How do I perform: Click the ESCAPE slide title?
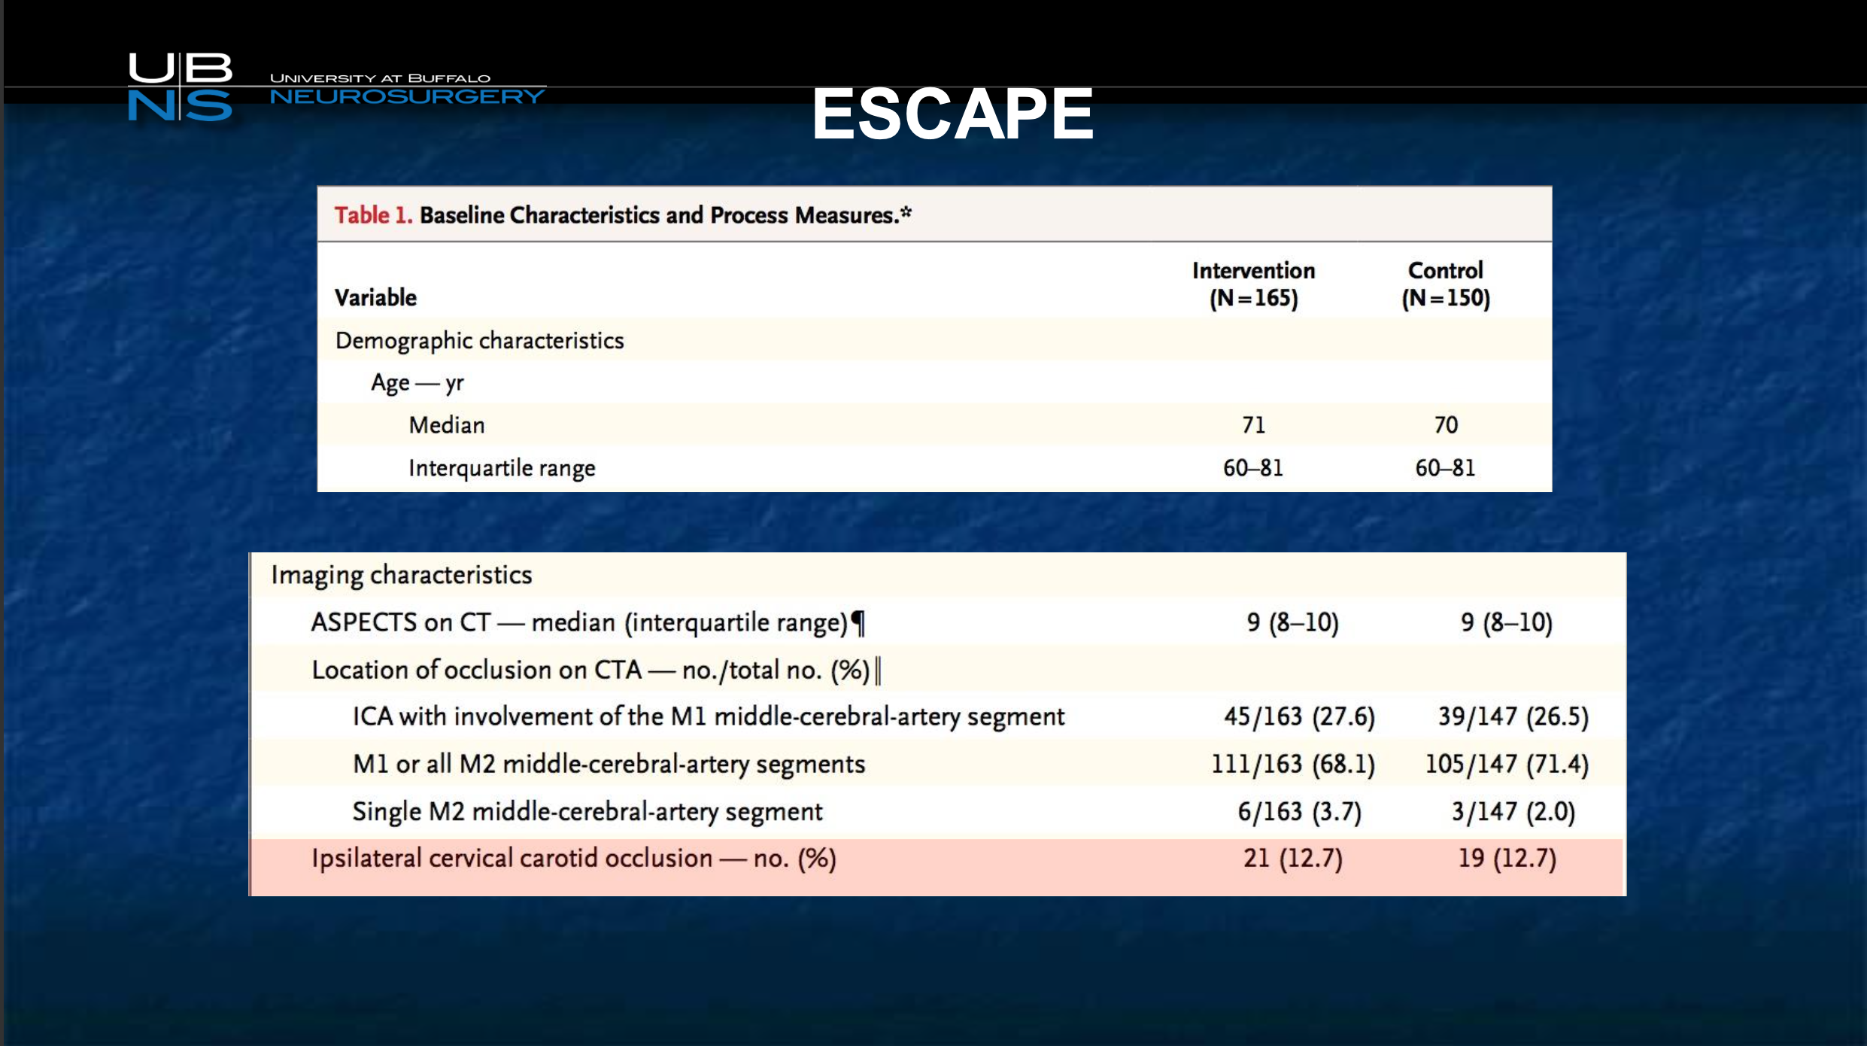[x=952, y=114]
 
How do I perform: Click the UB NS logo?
[x=181, y=87]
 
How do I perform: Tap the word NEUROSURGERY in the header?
[x=407, y=96]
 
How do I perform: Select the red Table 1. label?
[x=373, y=215]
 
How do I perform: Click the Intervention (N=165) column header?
[x=1253, y=284]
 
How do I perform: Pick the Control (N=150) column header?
[x=1446, y=284]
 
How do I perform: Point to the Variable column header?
[x=375, y=297]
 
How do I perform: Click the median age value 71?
[x=1253, y=425]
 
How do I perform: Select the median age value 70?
[x=1446, y=425]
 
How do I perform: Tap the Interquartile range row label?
[x=502, y=468]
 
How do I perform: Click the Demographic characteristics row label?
[x=479, y=341]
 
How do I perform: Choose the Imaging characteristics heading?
[x=402, y=575]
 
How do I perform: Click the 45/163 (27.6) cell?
[x=1299, y=716]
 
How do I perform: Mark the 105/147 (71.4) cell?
[x=1507, y=764]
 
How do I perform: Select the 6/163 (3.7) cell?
[x=1299, y=811]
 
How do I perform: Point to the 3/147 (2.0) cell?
[x=1513, y=811]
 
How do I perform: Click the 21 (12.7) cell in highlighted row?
[x=1292, y=858]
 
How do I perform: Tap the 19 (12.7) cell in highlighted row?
[x=1507, y=858]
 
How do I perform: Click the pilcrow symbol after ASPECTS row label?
[x=858, y=623]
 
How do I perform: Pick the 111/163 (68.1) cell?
[x=1292, y=764]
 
